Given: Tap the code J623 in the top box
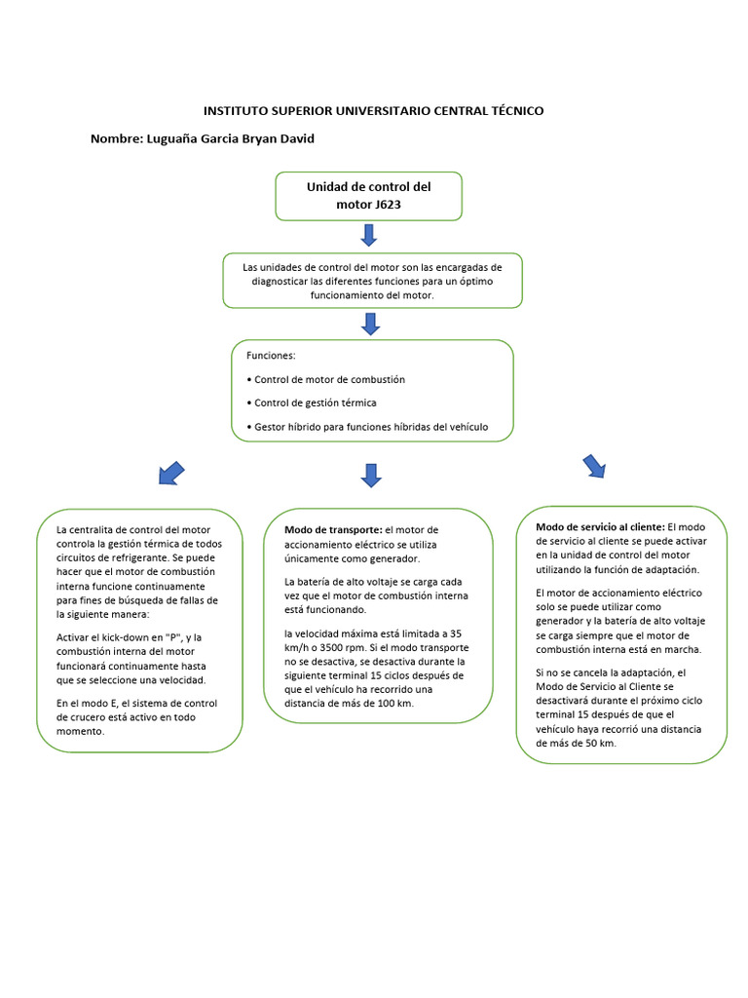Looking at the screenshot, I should click(387, 205).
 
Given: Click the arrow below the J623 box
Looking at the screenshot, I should click(368, 235).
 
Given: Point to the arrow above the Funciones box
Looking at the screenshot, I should click(370, 324).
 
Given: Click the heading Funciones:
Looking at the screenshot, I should click(271, 356).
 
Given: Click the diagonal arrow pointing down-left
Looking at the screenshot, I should click(170, 474).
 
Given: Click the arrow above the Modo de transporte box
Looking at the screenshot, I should click(370, 475).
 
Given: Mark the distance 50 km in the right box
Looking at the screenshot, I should click(595, 743).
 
